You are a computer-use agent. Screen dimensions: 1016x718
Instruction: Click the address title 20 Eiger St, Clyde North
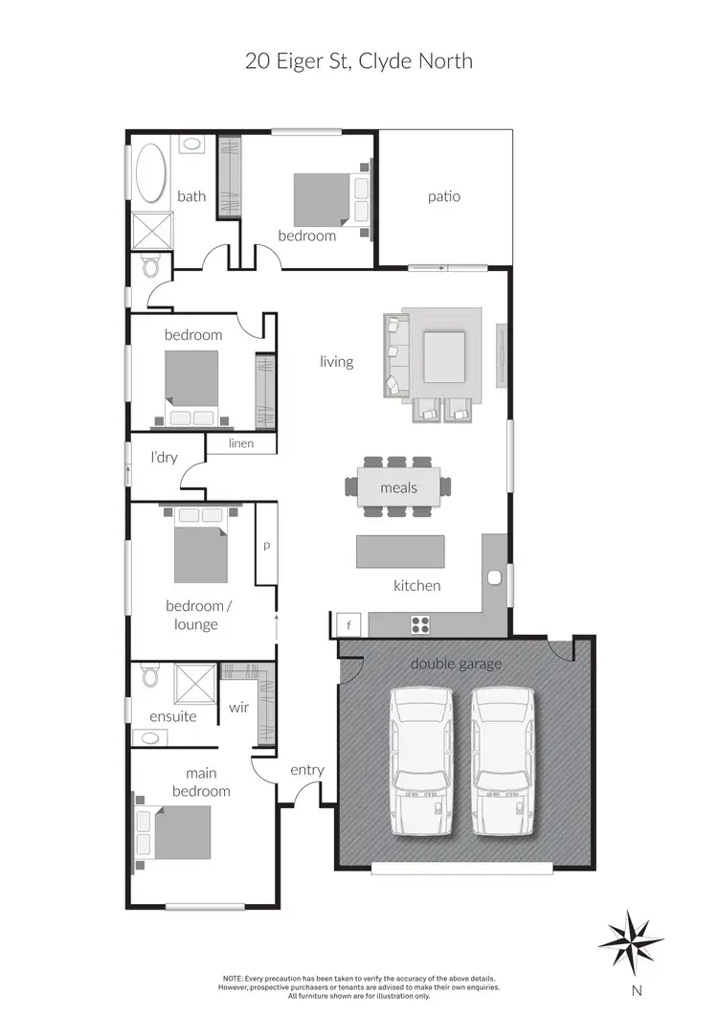359,62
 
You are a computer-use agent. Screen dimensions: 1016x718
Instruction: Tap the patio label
444,196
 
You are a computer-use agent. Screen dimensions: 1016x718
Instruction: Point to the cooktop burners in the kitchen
420,625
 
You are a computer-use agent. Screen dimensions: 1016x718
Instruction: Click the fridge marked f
349,624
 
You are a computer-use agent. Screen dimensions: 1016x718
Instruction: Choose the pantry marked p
266,545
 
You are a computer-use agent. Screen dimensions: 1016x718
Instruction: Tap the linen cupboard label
241,443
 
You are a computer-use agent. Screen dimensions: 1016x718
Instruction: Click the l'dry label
164,459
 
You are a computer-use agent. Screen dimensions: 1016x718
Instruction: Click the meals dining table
399,487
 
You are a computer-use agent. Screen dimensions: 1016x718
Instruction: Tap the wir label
238,709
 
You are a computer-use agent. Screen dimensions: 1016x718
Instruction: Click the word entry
307,770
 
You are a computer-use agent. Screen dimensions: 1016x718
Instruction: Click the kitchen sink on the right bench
495,578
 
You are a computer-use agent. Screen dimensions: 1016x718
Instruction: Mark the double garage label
456,664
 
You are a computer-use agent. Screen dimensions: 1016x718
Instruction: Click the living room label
337,362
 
